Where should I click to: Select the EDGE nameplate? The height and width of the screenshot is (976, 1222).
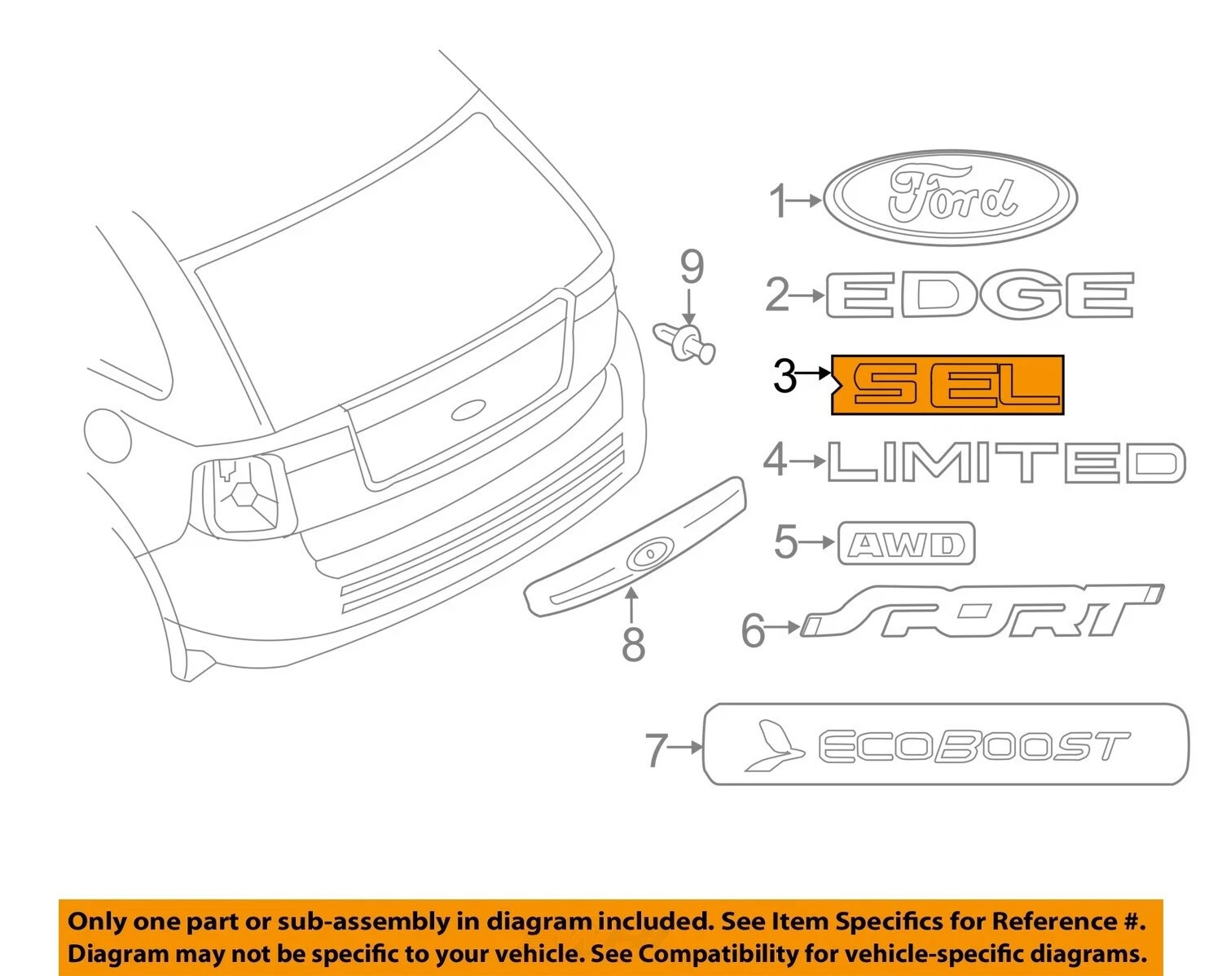pos(979,294)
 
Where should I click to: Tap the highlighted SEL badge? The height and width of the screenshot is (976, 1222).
pos(947,385)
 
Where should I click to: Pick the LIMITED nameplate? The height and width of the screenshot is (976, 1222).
pos(1006,462)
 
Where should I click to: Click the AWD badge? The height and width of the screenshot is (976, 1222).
pos(906,543)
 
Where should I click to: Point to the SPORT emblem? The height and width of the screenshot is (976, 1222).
pos(982,610)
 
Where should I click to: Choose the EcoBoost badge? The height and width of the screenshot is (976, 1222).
pos(946,744)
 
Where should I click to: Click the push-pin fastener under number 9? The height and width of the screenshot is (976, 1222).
pos(685,342)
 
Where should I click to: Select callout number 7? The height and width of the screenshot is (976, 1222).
pos(656,750)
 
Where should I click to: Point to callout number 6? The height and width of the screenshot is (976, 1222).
pos(754,630)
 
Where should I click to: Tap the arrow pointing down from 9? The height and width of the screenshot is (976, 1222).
pos(688,306)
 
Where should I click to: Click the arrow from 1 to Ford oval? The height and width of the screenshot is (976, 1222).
pos(804,200)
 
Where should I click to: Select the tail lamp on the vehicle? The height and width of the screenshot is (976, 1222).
pos(244,497)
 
